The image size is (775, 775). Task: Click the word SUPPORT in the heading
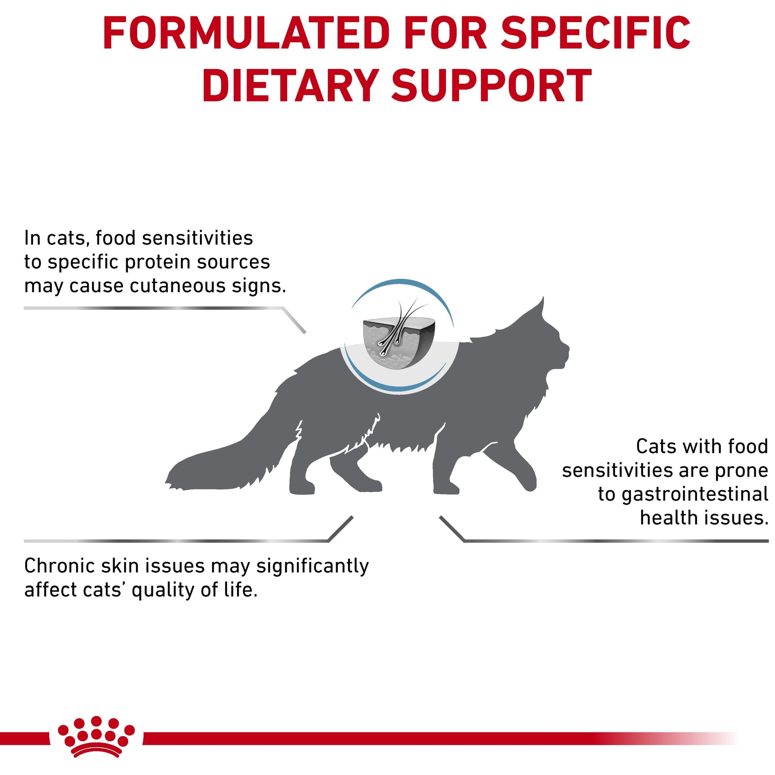coord(492,86)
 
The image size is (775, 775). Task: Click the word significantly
coord(312,567)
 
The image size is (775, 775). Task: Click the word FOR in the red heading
coord(446,33)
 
